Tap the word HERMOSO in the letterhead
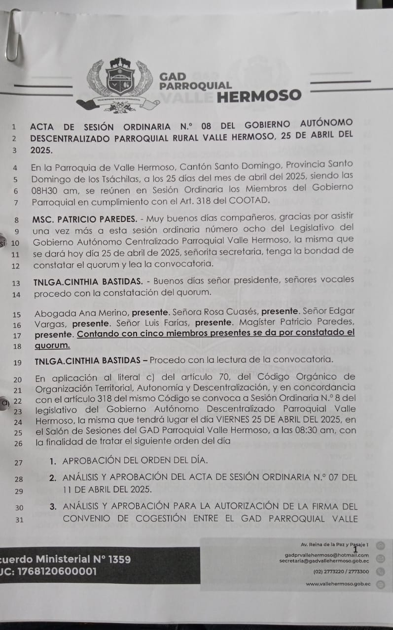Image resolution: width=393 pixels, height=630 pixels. pyautogui.click(x=258, y=95)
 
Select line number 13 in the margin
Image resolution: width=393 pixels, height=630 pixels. pyautogui.click(x=16, y=283)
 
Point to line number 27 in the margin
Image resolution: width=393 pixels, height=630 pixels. pyautogui.click(x=19, y=463)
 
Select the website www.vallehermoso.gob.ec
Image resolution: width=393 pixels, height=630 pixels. pyautogui.click(x=337, y=584)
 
